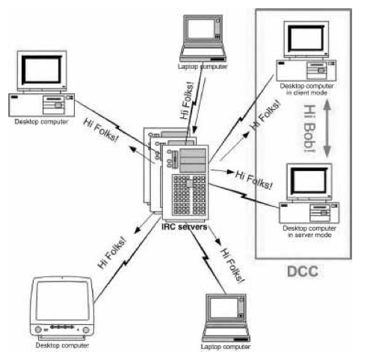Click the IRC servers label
(185, 227)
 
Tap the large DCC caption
(303, 271)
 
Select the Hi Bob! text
(309, 128)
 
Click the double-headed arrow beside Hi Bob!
(327, 128)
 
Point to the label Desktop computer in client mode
(306, 90)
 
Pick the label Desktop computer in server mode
(309, 232)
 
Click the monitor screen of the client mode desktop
(306, 38)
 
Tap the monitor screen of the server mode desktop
(309, 181)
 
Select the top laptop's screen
(201, 28)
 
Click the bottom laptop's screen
(224, 308)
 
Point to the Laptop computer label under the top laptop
(203, 66)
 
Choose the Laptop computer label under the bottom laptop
(226, 347)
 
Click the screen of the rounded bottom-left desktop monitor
(62, 300)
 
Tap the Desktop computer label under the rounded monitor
(62, 345)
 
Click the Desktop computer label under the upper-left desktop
(41, 122)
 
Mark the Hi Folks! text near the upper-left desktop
(101, 130)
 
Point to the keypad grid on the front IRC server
(190, 195)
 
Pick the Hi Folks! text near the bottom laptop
(232, 265)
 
